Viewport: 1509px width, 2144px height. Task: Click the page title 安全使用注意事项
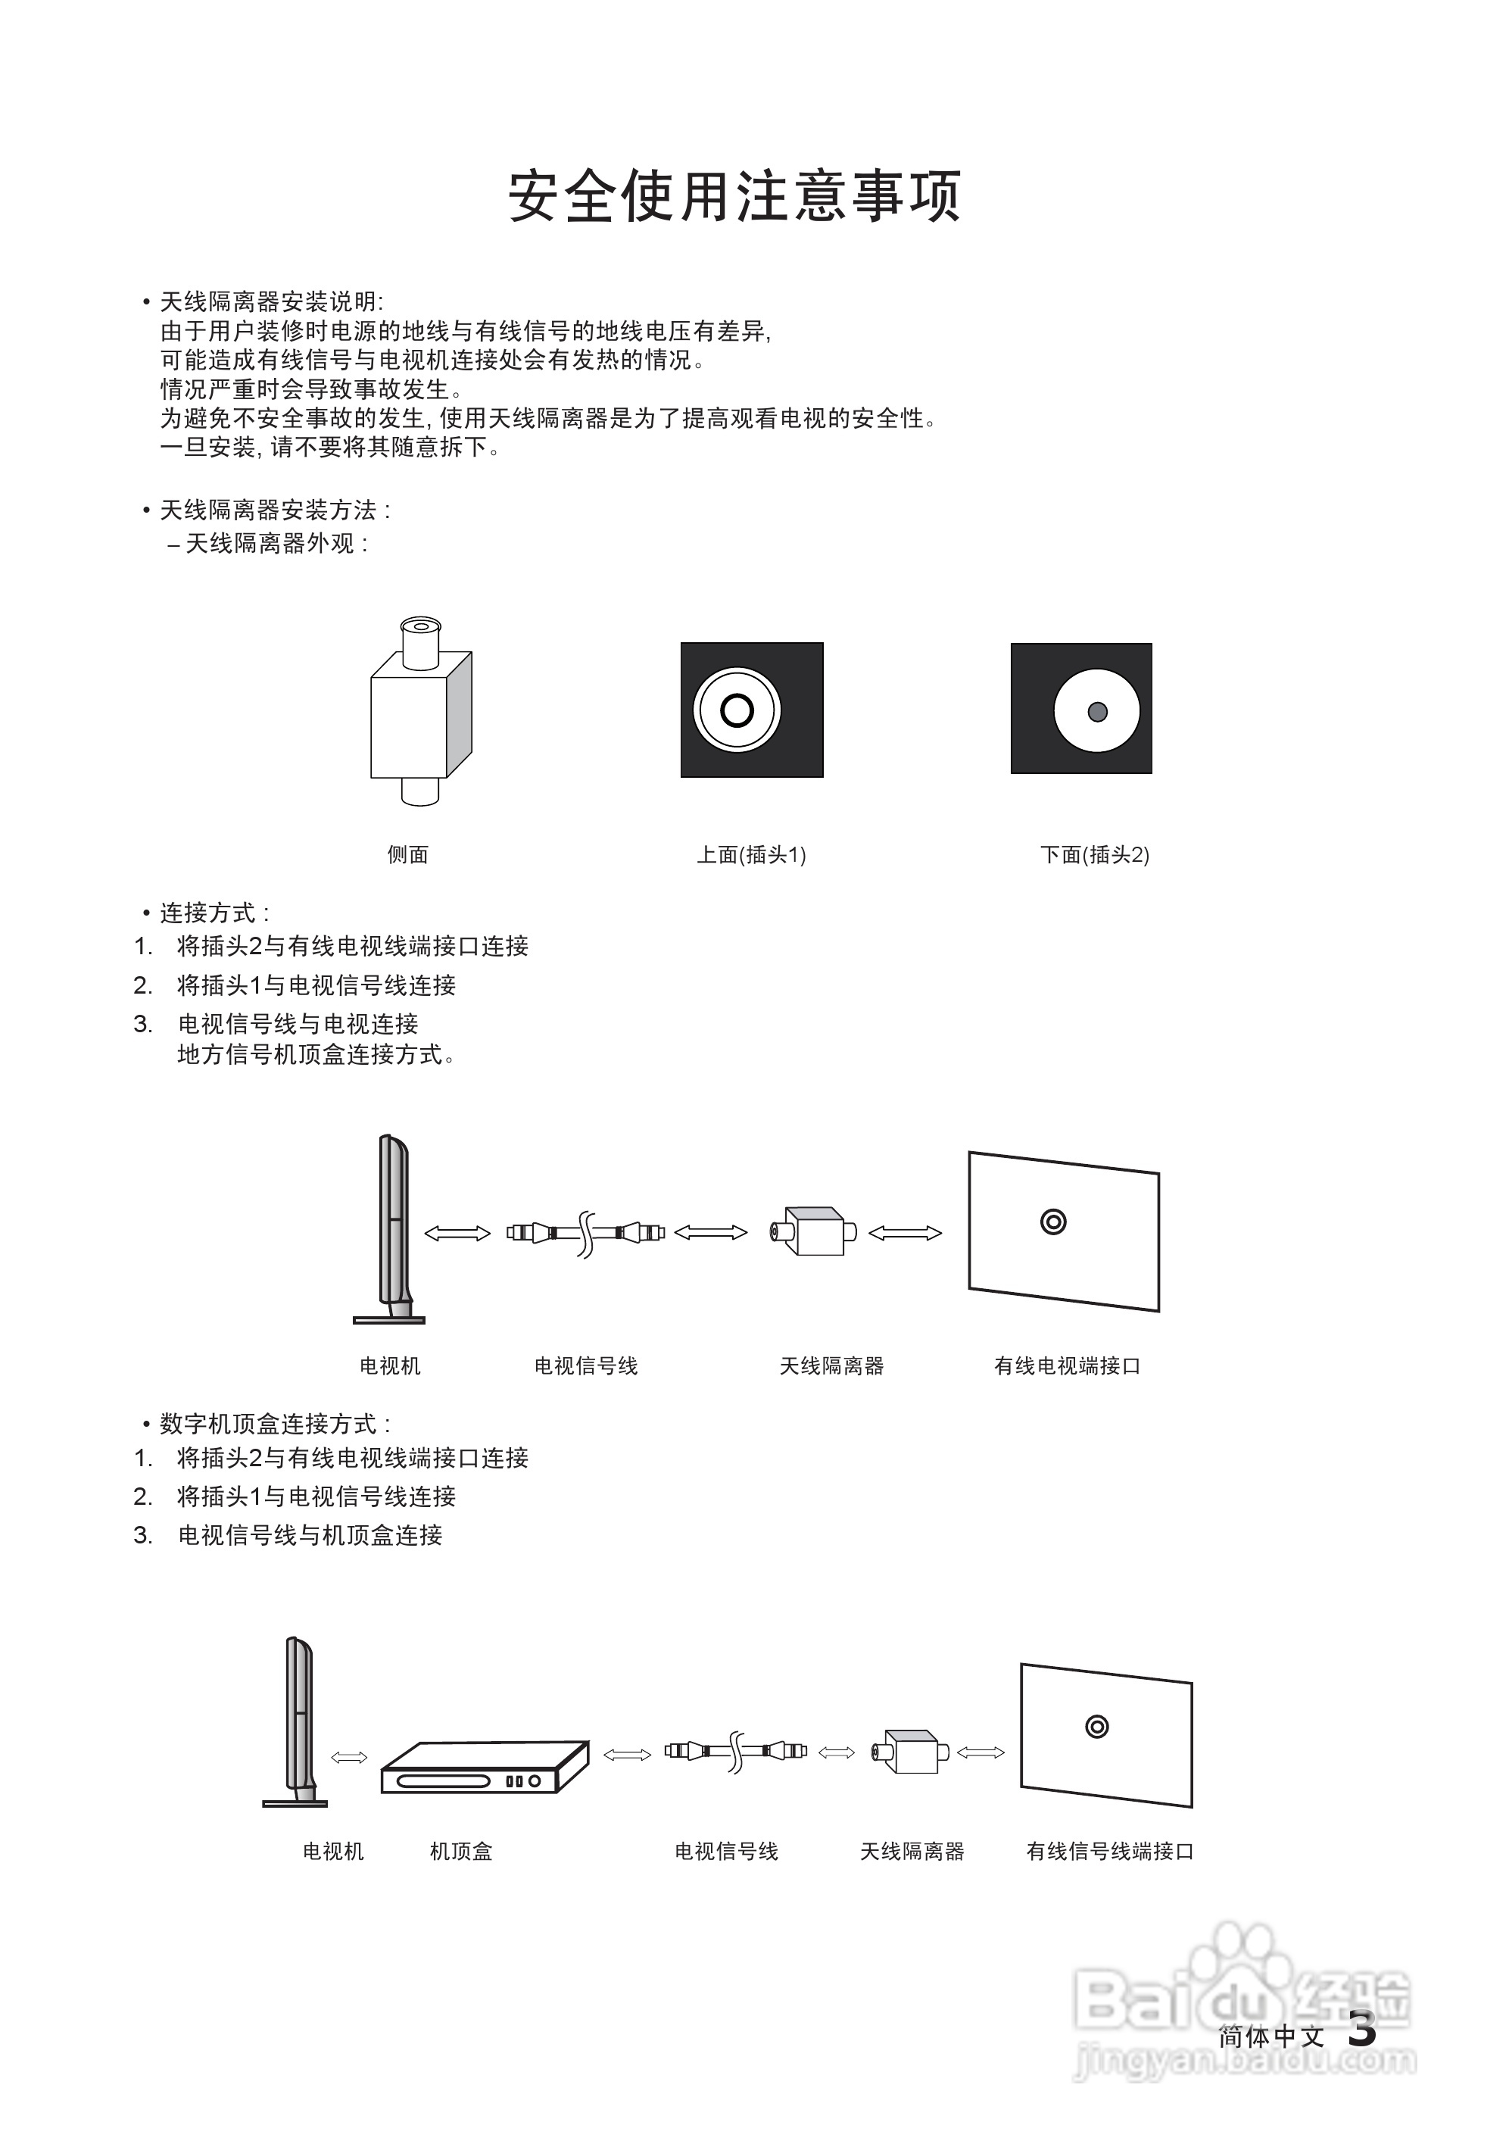coord(735,195)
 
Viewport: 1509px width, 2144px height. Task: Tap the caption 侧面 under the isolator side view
coord(408,854)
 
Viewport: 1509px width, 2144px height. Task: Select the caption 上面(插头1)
coord(752,854)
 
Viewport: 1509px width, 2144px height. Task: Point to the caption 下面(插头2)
coord(1094,854)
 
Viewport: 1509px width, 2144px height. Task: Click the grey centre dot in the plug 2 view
coord(1098,712)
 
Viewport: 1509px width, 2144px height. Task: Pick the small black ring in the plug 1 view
coord(737,710)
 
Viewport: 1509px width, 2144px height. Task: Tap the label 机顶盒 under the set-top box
coord(460,1851)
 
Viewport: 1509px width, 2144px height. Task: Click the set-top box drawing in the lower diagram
coord(484,1767)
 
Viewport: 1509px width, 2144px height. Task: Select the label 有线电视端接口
coord(1068,1366)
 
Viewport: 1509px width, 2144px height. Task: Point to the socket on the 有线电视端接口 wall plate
coord(1053,1222)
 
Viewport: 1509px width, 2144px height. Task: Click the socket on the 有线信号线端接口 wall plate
coord(1097,1727)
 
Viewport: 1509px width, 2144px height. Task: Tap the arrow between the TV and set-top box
coord(349,1758)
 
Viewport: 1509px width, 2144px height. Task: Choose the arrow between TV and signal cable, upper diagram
coord(457,1234)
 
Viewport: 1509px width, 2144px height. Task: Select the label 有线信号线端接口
coord(1109,1851)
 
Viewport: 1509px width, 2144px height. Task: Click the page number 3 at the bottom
coord(1362,2028)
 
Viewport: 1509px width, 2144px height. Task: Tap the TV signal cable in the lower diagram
coord(736,1752)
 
